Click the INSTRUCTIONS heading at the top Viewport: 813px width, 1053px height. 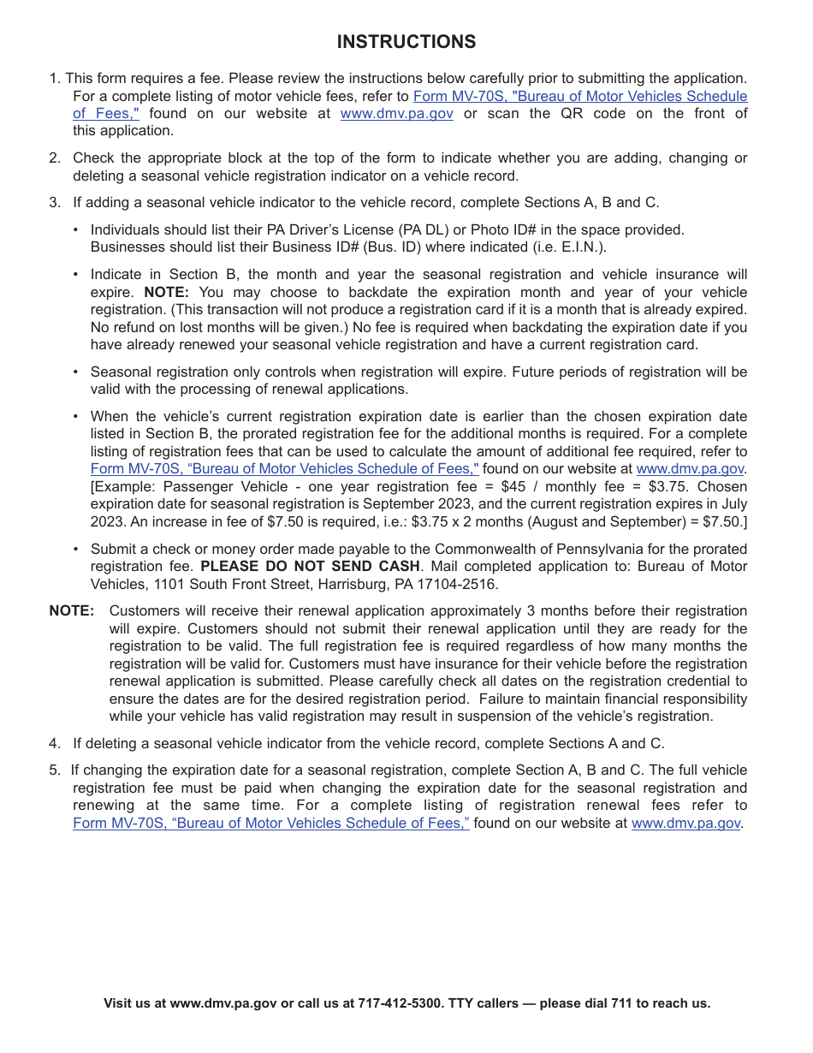click(406, 42)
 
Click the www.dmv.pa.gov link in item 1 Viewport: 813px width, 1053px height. click(396, 114)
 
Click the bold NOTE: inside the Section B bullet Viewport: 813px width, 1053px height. click(166, 292)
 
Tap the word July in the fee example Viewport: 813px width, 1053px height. click(732, 504)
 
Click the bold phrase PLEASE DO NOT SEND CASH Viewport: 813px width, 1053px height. click(310, 567)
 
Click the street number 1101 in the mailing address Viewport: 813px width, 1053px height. click(169, 585)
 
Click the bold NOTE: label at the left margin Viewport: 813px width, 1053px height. click(72, 611)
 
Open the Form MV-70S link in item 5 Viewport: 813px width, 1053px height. click(270, 824)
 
